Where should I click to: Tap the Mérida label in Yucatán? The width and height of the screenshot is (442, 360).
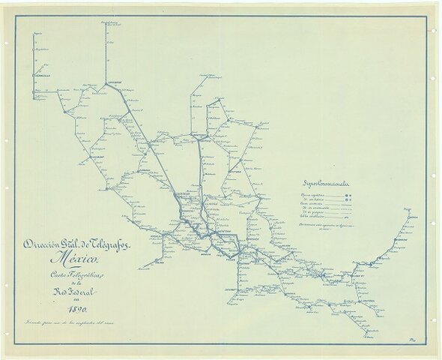(x=408, y=215)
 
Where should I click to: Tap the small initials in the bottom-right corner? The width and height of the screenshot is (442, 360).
(x=417, y=343)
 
